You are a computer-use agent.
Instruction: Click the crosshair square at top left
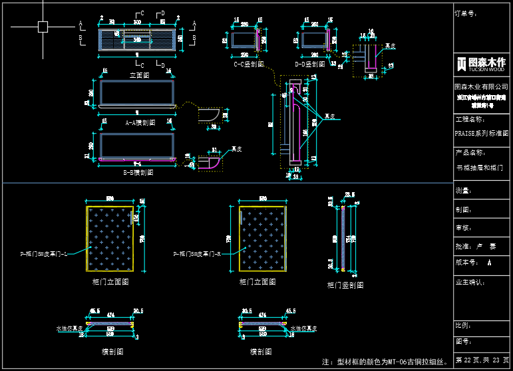43,27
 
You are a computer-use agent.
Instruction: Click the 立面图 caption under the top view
139,75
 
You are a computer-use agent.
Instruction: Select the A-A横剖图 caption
140,122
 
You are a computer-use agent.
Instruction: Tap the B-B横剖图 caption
138,172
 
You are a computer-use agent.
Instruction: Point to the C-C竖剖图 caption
250,64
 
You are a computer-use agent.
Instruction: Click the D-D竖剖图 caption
309,64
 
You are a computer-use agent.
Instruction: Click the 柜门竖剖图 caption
345,285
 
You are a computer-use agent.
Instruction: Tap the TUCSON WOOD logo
482,64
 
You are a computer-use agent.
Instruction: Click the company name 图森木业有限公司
481,87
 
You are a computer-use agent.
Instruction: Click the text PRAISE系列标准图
481,133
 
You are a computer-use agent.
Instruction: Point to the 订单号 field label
465,13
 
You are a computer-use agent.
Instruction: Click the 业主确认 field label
470,282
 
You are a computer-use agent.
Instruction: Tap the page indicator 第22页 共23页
481,360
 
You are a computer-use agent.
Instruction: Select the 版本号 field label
466,263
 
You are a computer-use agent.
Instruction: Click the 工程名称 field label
470,120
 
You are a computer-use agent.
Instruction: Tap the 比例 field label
462,326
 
